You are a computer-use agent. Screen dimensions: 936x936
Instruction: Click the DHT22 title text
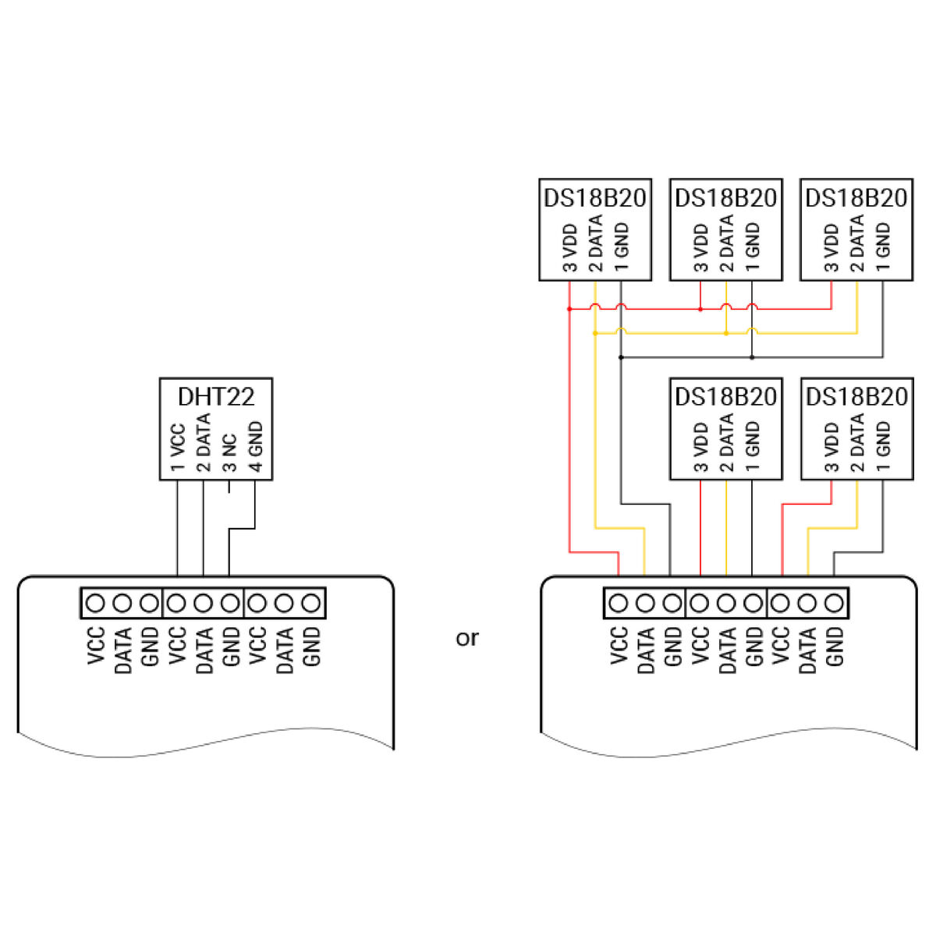216,396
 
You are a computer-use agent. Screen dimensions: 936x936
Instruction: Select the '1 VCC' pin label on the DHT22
178,448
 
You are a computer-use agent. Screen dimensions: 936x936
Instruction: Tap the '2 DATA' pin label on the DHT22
204,442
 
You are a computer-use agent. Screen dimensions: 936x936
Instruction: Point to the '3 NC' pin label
229,454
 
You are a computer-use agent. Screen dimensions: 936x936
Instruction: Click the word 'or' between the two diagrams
466,638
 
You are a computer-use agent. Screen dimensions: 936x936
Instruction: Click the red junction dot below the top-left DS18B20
569,309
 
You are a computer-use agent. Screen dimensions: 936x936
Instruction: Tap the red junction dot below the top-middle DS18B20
700,309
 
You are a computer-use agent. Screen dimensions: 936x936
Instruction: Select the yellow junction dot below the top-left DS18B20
595,333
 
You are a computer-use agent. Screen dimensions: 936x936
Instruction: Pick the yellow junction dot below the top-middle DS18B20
726,333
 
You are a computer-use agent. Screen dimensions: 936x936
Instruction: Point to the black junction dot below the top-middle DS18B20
752,357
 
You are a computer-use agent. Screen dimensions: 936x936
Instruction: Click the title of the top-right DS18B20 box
856,197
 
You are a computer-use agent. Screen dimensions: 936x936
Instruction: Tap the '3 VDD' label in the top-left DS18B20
570,248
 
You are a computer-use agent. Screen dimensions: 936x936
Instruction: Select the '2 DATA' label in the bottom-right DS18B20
857,442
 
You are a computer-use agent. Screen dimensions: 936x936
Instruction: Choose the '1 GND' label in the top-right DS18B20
883,246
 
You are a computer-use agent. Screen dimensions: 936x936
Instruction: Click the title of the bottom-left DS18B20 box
726,396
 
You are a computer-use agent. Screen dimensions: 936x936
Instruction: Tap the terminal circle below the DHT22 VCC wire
177,603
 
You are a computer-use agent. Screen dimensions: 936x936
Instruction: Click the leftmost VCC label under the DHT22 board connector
96,646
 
